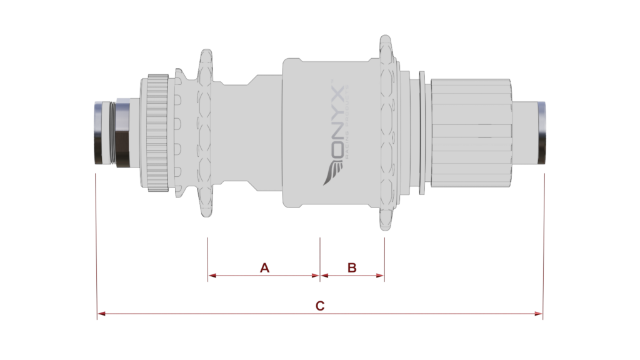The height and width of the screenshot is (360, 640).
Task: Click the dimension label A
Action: tap(264, 267)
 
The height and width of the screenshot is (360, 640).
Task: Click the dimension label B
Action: tap(352, 267)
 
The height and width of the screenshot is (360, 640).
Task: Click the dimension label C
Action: tap(319, 306)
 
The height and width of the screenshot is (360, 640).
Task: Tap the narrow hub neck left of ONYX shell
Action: tap(237, 133)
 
